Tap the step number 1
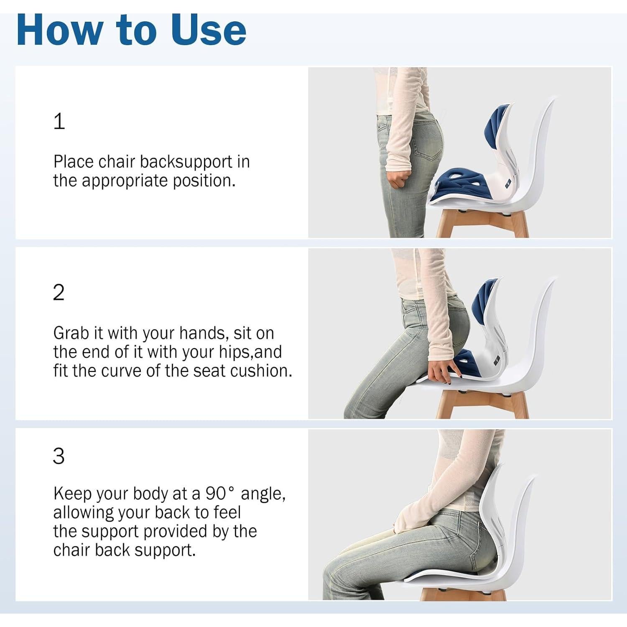click(59, 121)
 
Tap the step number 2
click(59, 293)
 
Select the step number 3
click(59, 456)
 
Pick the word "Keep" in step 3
click(72, 494)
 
